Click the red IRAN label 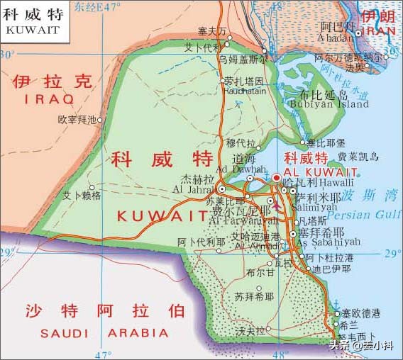pos(379,31)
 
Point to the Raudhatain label pos(244,91)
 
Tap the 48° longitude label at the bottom pos(280,354)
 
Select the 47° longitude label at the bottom pos(103,354)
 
